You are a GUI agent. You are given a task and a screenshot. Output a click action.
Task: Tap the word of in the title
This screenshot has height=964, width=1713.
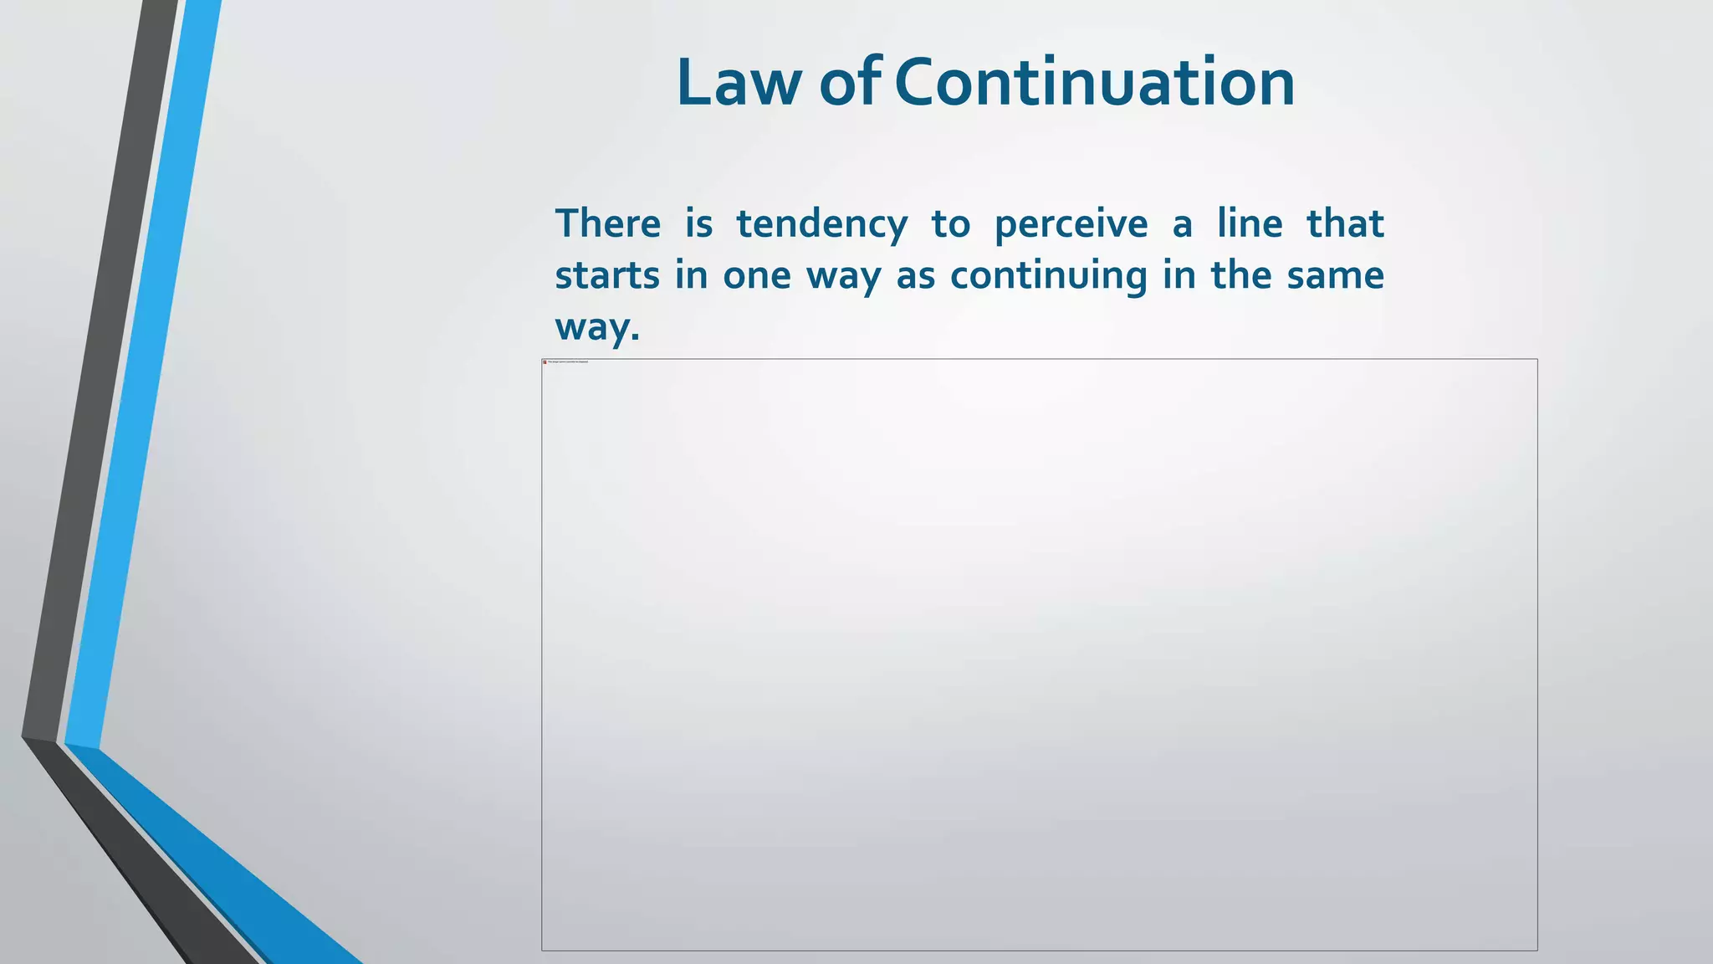849,83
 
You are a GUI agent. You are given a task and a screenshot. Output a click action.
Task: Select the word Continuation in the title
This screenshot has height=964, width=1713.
1095,83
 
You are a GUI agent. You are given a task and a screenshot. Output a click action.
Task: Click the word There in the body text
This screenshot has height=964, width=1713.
608,224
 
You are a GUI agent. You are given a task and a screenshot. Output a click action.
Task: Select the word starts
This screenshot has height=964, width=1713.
607,276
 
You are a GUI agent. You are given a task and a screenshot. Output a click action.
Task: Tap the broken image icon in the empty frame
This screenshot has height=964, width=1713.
545,362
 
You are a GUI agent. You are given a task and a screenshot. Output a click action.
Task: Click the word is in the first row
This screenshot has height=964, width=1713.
698,224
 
